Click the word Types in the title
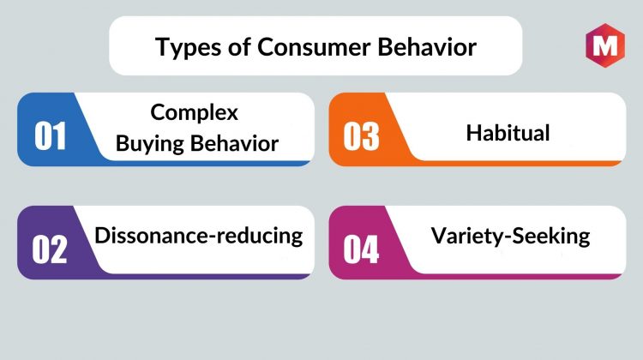point(189,47)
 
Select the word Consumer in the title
point(314,46)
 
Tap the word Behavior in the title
point(427,46)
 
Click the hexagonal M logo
point(605,45)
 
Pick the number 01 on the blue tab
point(50,136)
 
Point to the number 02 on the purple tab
point(50,249)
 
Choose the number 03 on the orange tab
point(361,136)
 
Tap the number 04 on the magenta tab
point(361,249)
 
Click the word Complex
point(194,113)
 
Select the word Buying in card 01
point(150,144)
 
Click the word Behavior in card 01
point(235,143)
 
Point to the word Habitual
point(508,133)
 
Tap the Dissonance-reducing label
point(199,237)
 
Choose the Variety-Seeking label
point(511,237)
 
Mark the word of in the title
point(239,46)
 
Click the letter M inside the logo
point(605,45)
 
